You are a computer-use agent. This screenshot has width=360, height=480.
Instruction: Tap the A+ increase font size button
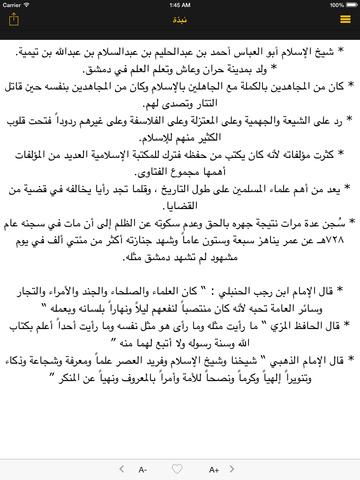[218, 467]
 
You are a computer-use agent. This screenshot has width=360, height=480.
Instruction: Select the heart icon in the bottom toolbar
[181, 467]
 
